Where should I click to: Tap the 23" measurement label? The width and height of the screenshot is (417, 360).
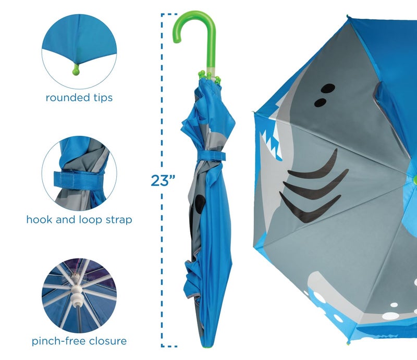click(162, 181)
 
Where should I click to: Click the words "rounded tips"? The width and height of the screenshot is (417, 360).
click(79, 97)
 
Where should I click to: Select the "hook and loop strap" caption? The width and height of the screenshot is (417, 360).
click(79, 219)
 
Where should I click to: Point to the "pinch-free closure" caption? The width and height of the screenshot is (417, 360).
click(79, 341)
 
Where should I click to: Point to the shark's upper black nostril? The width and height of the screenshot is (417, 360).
click(327, 88)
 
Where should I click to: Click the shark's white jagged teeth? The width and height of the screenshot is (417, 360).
click(272, 138)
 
